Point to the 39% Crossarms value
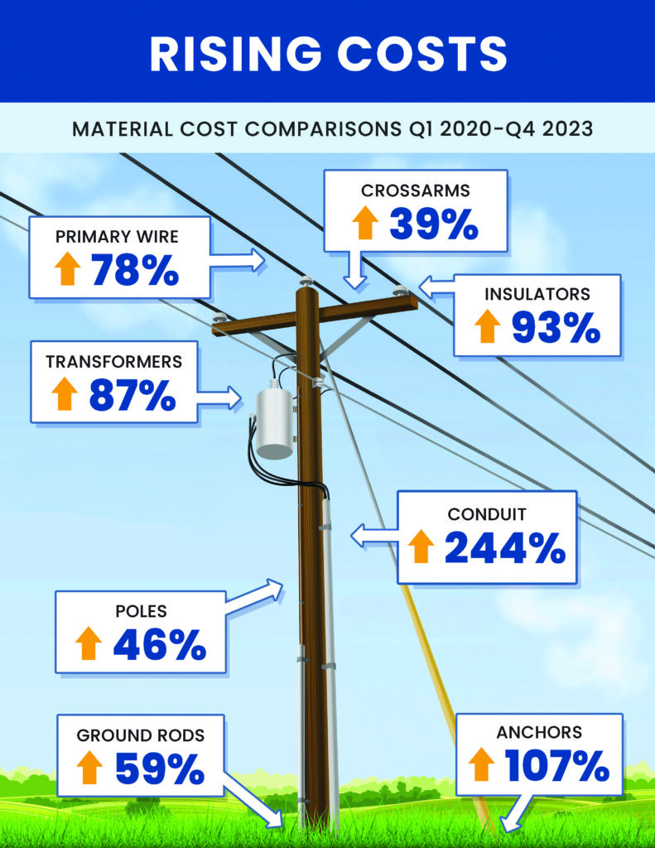(x=433, y=223)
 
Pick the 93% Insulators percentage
(x=555, y=327)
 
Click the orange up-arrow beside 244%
(x=421, y=547)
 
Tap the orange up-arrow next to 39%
(x=364, y=224)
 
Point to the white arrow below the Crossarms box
(x=355, y=270)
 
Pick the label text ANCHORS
(x=539, y=732)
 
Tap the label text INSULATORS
(x=549, y=294)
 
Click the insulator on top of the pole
(x=306, y=282)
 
